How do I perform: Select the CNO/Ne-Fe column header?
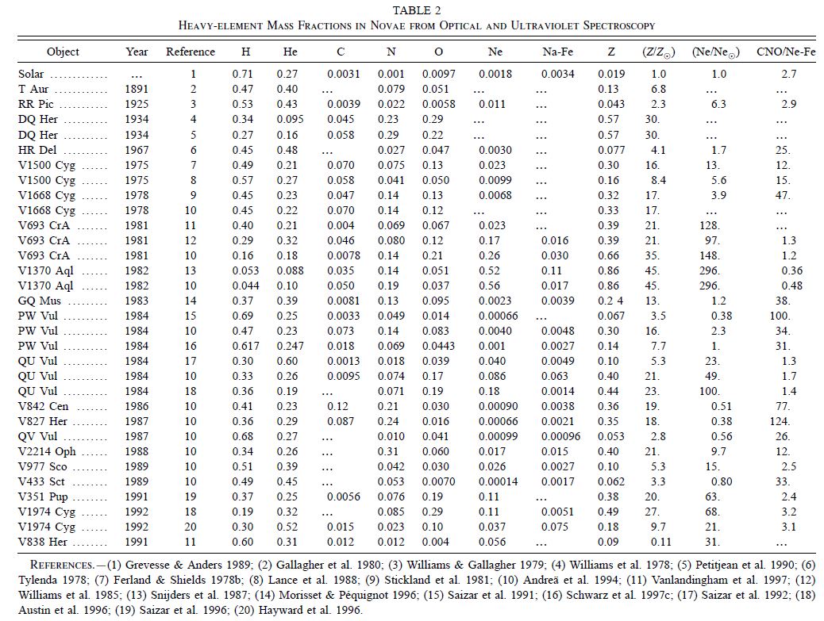(x=786, y=52)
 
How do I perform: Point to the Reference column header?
(x=190, y=52)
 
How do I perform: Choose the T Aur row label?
(x=33, y=89)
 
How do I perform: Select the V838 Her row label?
(x=39, y=542)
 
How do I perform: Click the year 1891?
(x=137, y=89)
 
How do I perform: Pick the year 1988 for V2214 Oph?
(x=137, y=452)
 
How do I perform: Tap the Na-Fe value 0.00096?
(x=561, y=437)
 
